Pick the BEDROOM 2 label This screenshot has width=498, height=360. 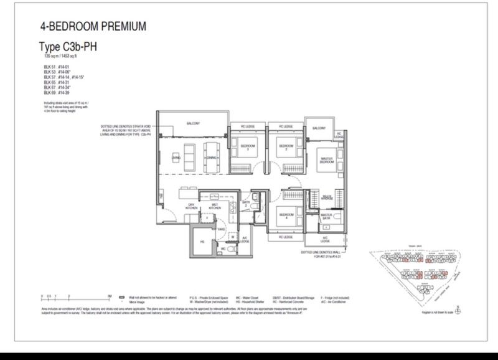point(284,148)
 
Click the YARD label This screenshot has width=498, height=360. point(221,228)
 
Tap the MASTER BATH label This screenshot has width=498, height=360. point(327,217)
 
